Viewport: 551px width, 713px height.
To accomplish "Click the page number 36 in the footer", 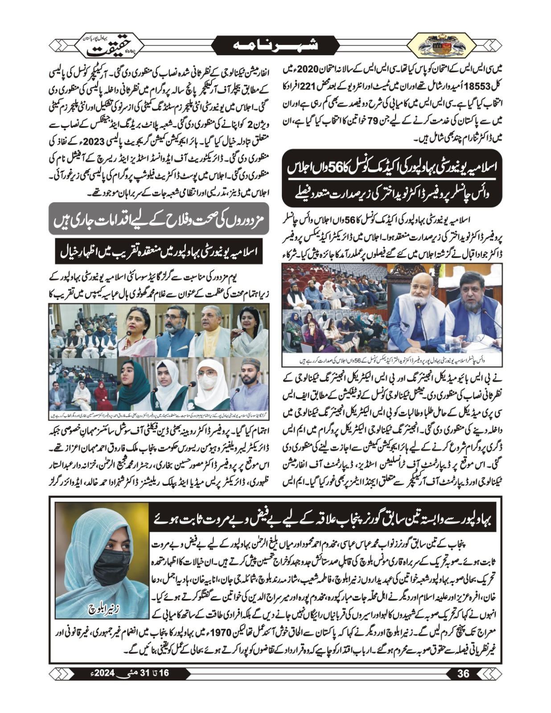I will click(x=464, y=674).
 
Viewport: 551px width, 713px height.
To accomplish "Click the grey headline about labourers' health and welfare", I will click(x=159, y=219).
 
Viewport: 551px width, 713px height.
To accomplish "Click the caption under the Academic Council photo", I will click(x=392, y=360).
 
